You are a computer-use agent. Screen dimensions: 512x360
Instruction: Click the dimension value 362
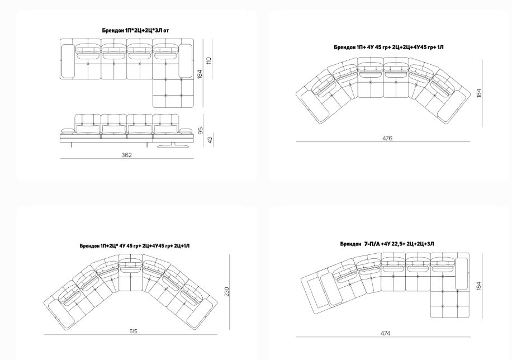point(126,155)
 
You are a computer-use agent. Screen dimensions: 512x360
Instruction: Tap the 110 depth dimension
point(209,61)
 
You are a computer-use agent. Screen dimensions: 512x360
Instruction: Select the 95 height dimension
point(201,130)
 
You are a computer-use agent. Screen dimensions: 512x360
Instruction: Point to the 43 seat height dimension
point(210,140)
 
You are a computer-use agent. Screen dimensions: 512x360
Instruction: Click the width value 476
point(387,138)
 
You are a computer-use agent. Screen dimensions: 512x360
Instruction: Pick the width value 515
point(133,331)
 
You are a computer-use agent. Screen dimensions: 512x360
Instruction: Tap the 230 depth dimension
point(226,292)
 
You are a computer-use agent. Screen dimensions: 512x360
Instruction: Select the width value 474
point(385,333)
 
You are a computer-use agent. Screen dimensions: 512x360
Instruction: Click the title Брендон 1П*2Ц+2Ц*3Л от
point(135,30)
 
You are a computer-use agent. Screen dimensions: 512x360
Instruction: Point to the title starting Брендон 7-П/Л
point(387,244)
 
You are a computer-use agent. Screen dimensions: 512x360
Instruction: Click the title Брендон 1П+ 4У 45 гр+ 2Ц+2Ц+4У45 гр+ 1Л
point(388,47)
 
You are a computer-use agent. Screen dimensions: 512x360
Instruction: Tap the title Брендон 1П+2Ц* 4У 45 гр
point(135,245)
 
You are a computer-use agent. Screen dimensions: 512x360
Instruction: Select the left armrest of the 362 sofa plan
point(68,61)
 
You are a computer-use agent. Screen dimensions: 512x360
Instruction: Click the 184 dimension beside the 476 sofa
point(478,93)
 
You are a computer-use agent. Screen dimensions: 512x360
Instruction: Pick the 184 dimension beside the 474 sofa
point(478,286)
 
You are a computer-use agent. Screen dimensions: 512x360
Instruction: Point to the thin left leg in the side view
point(71,145)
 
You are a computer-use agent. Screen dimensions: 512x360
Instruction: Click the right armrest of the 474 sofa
point(461,273)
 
